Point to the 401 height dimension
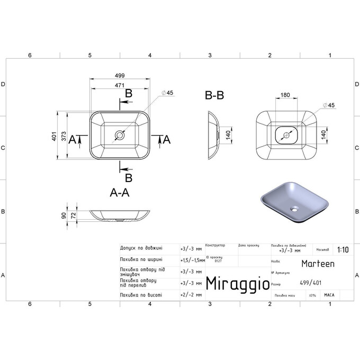tap(54, 136)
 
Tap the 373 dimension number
tap(64, 136)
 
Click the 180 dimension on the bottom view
tap(285, 95)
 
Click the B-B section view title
tap(214, 96)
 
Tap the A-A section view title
tap(120, 193)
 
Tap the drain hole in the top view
tap(120, 136)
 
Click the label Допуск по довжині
tap(141, 248)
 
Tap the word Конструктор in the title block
tap(215, 246)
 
